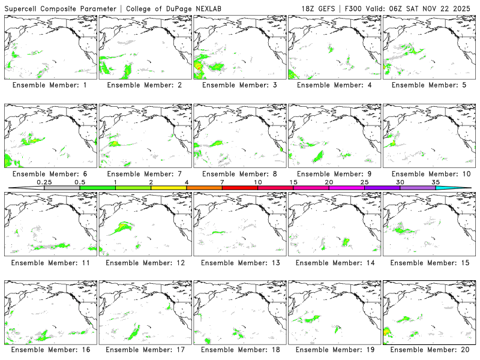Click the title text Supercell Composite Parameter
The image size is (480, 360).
tap(52, 8)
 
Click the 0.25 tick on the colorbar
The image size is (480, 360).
tap(44, 182)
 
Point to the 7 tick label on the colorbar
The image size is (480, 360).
tap(222, 182)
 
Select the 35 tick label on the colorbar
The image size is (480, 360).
tap(436, 182)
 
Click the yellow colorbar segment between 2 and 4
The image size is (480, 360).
tap(169, 188)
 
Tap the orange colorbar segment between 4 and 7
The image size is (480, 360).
tap(204, 188)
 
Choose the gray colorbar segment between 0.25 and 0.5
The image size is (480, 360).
tap(62, 188)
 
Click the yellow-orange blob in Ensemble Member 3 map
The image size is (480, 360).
tap(199, 67)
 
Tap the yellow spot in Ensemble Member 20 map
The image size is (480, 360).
tap(386, 331)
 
